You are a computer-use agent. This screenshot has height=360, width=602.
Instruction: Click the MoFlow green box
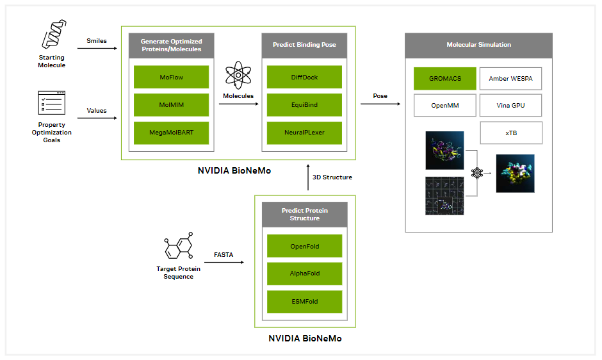click(x=171, y=77)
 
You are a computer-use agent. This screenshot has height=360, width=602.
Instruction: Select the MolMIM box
click(x=171, y=105)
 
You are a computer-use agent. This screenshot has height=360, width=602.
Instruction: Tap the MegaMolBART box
click(x=171, y=133)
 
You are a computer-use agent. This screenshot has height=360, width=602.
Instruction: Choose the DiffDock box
click(x=304, y=77)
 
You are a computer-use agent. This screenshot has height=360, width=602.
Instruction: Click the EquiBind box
click(x=304, y=105)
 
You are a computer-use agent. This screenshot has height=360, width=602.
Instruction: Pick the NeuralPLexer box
click(x=304, y=133)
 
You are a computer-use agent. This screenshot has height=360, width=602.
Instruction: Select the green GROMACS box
click(x=445, y=78)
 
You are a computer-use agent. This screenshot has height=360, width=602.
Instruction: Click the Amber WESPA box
click(x=510, y=78)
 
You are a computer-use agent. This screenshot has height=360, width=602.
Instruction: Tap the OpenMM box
click(x=445, y=105)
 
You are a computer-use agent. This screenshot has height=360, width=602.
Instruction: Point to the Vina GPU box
click(x=510, y=105)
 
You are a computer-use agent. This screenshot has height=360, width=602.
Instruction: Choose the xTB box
click(x=511, y=133)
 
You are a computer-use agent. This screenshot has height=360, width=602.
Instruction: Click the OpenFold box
click(x=304, y=246)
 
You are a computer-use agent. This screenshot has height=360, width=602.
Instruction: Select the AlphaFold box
click(x=304, y=274)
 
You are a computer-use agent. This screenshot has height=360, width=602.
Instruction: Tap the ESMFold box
click(x=304, y=302)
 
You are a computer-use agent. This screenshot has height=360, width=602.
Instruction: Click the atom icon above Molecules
click(x=238, y=75)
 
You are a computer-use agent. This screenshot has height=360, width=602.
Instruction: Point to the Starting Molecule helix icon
click(x=54, y=34)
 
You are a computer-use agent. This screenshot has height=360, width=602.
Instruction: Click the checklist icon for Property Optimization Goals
click(x=51, y=102)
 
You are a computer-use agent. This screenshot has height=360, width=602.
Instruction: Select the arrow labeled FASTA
click(x=224, y=263)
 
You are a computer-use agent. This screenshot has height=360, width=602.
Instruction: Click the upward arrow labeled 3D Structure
click(x=308, y=177)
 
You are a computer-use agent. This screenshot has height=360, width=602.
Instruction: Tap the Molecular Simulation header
click(x=479, y=45)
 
